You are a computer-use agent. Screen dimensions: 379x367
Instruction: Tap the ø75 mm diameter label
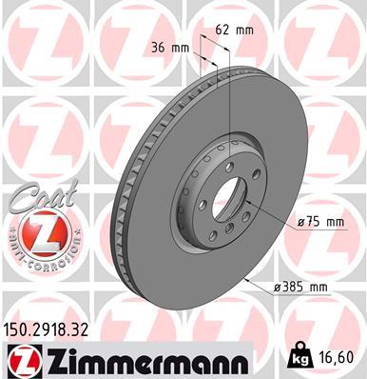[319, 222]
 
